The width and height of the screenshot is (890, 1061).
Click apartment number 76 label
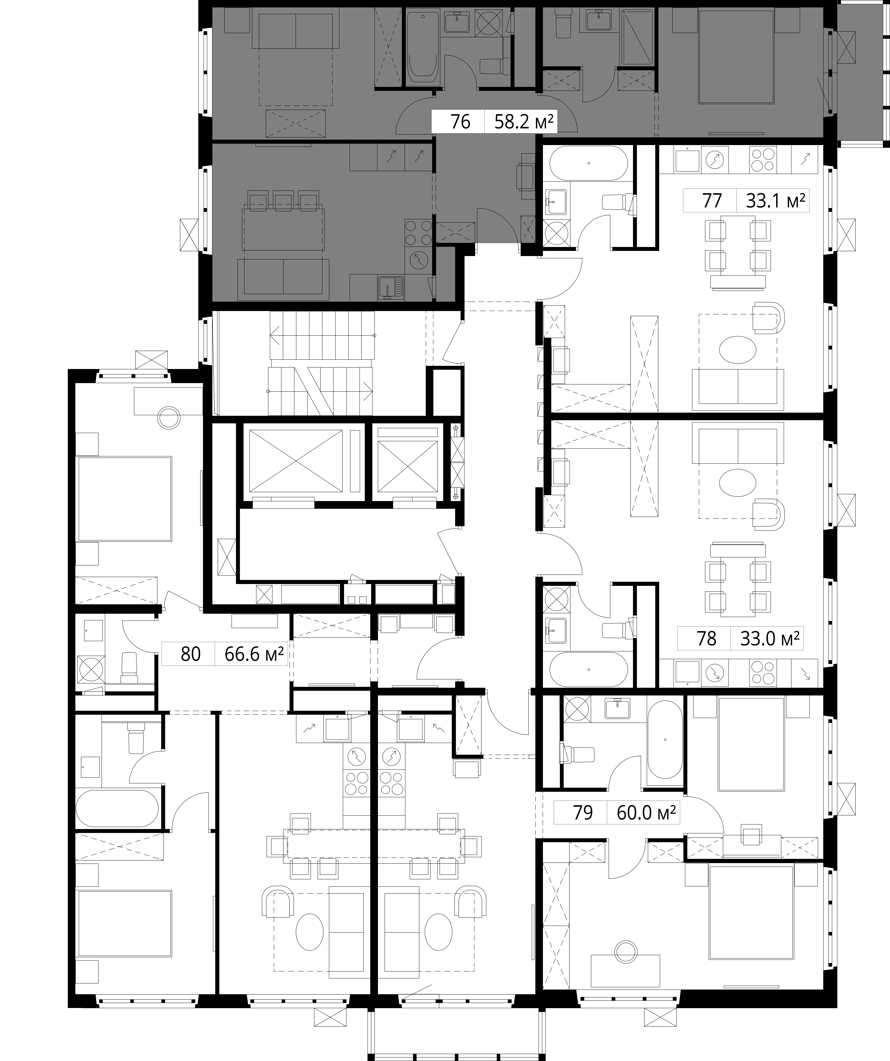click(x=460, y=122)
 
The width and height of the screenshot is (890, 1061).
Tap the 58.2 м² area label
click(x=524, y=122)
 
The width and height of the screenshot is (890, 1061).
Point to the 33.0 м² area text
click(x=770, y=639)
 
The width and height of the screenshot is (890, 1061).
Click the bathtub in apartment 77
click(x=589, y=163)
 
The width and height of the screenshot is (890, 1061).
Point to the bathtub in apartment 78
click(x=589, y=669)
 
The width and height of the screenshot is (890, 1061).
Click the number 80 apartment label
click(x=191, y=654)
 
